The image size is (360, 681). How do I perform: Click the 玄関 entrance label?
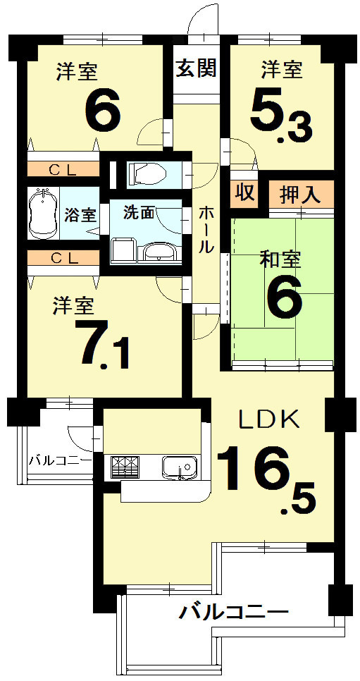(x=196, y=69)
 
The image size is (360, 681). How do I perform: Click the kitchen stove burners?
(x=124, y=466)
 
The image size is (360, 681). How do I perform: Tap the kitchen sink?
(x=178, y=466)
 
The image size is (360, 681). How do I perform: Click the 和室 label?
(x=280, y=259)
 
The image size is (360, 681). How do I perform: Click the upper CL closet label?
(x=63, y=169)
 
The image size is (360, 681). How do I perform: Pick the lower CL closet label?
(x=63, y=258)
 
